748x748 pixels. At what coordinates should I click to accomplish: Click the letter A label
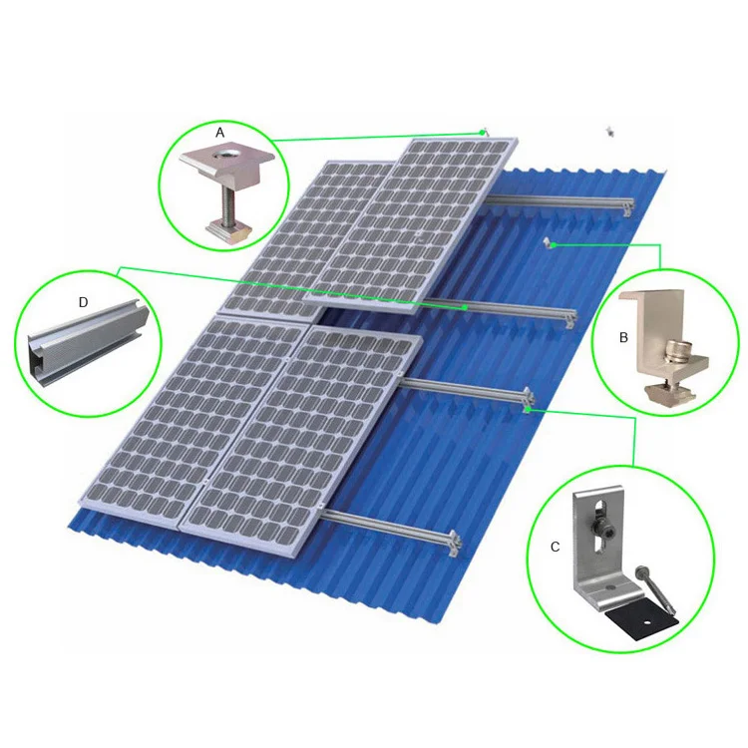(220, 132)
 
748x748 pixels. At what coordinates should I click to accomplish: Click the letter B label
(623, 338)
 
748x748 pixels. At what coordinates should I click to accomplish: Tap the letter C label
(555, 547)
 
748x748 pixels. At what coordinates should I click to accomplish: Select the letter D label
(84, 300)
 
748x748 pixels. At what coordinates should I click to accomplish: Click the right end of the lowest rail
(456, 541)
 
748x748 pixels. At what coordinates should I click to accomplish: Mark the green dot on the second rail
(465, 308)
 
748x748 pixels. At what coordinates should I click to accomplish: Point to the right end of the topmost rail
(627, 206)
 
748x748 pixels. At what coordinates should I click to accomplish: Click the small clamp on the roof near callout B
(549, 242)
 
